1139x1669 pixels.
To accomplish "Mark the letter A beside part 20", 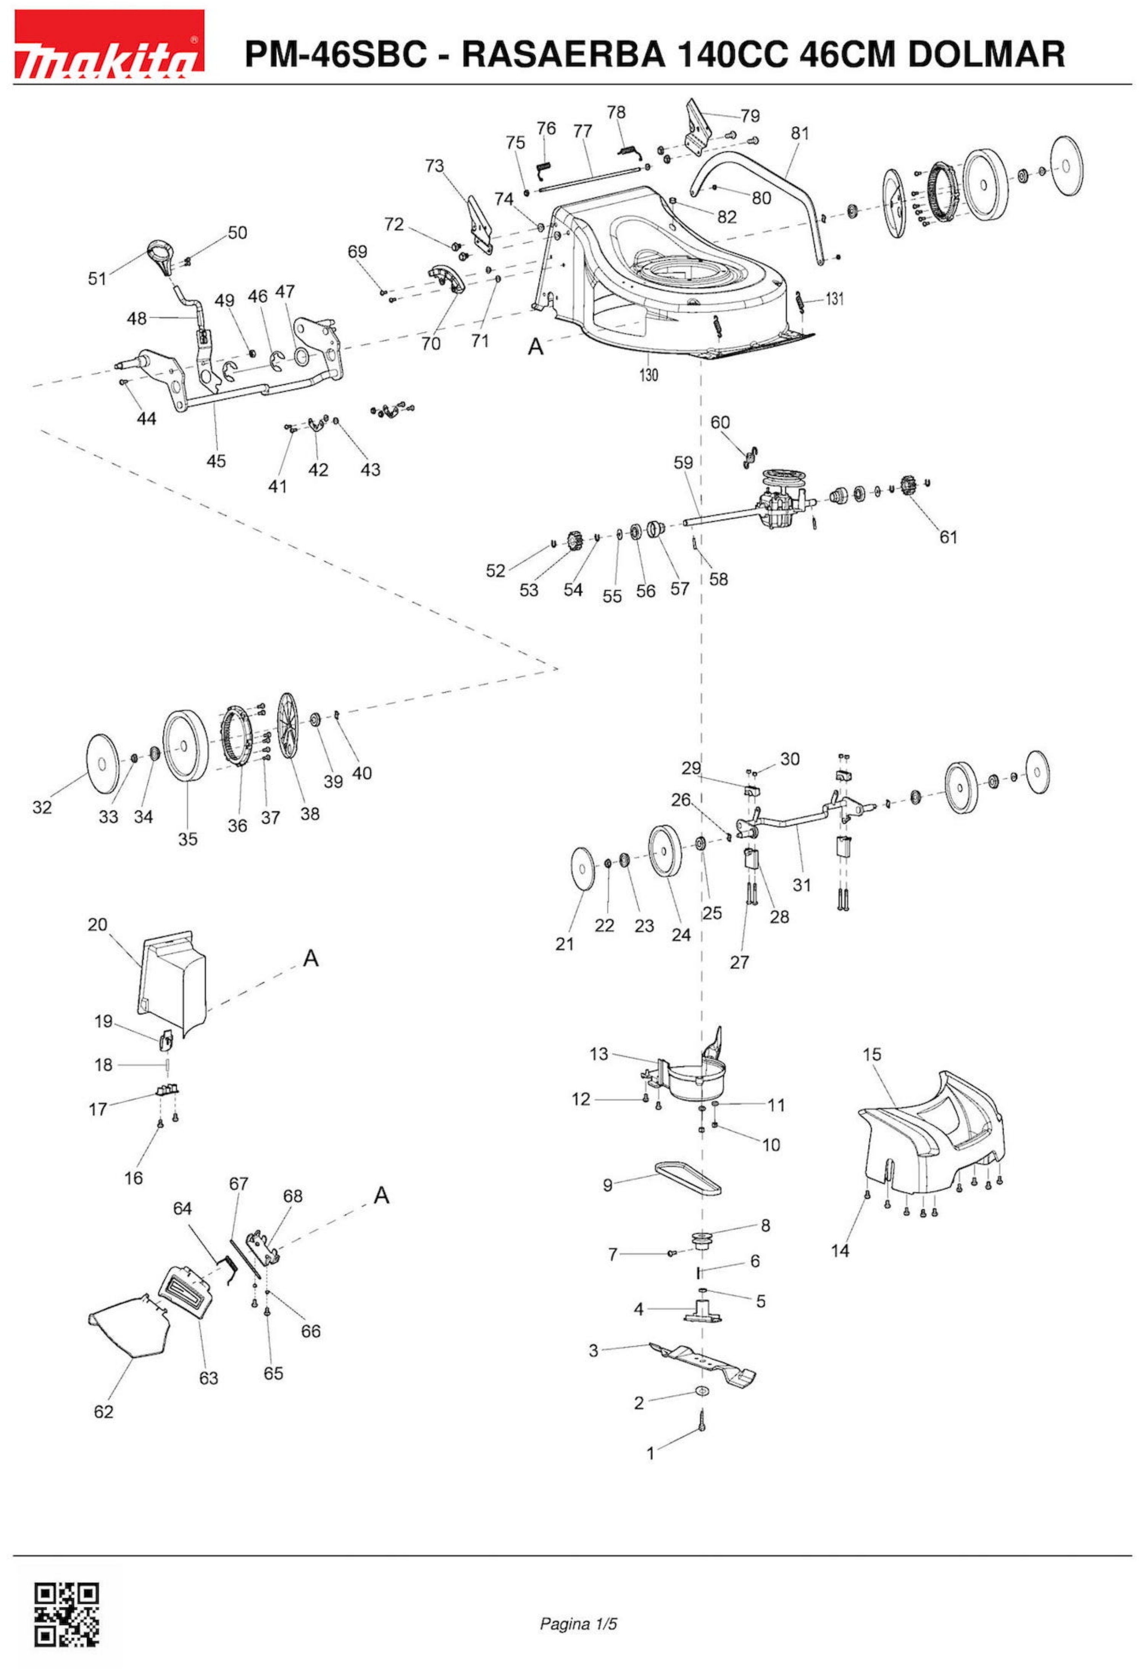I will pos(310,958).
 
